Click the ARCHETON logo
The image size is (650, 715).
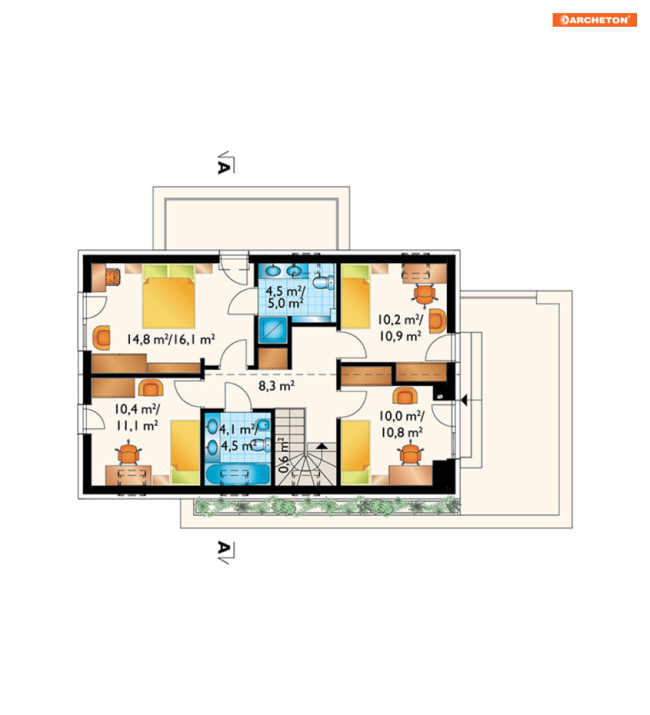(x=594, y=20)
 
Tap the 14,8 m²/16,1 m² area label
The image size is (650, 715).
(x=171, y=340)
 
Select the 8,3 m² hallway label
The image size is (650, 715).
(x=276, y=386)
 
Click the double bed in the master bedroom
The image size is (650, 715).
(x=169, y=296)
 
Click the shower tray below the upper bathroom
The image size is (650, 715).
(x=273, y=330)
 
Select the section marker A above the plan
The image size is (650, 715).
(x=225, y=164)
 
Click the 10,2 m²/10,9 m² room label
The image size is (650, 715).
(x=400, y=328)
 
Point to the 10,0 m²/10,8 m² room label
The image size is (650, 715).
(x=402, y=424)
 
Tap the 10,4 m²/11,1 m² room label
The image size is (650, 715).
(x=137, y=417)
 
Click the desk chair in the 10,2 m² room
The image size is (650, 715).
(x=425, y=294)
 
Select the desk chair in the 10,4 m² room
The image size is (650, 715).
(x=129, y=453)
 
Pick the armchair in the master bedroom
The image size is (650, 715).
(x=102, y=338)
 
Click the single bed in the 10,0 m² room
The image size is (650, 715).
(x=356, y=452)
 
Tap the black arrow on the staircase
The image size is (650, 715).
(x=321, y=446)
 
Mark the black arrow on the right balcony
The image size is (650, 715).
(x=464, y=400)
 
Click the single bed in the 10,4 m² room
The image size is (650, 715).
(x=185, y=452)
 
